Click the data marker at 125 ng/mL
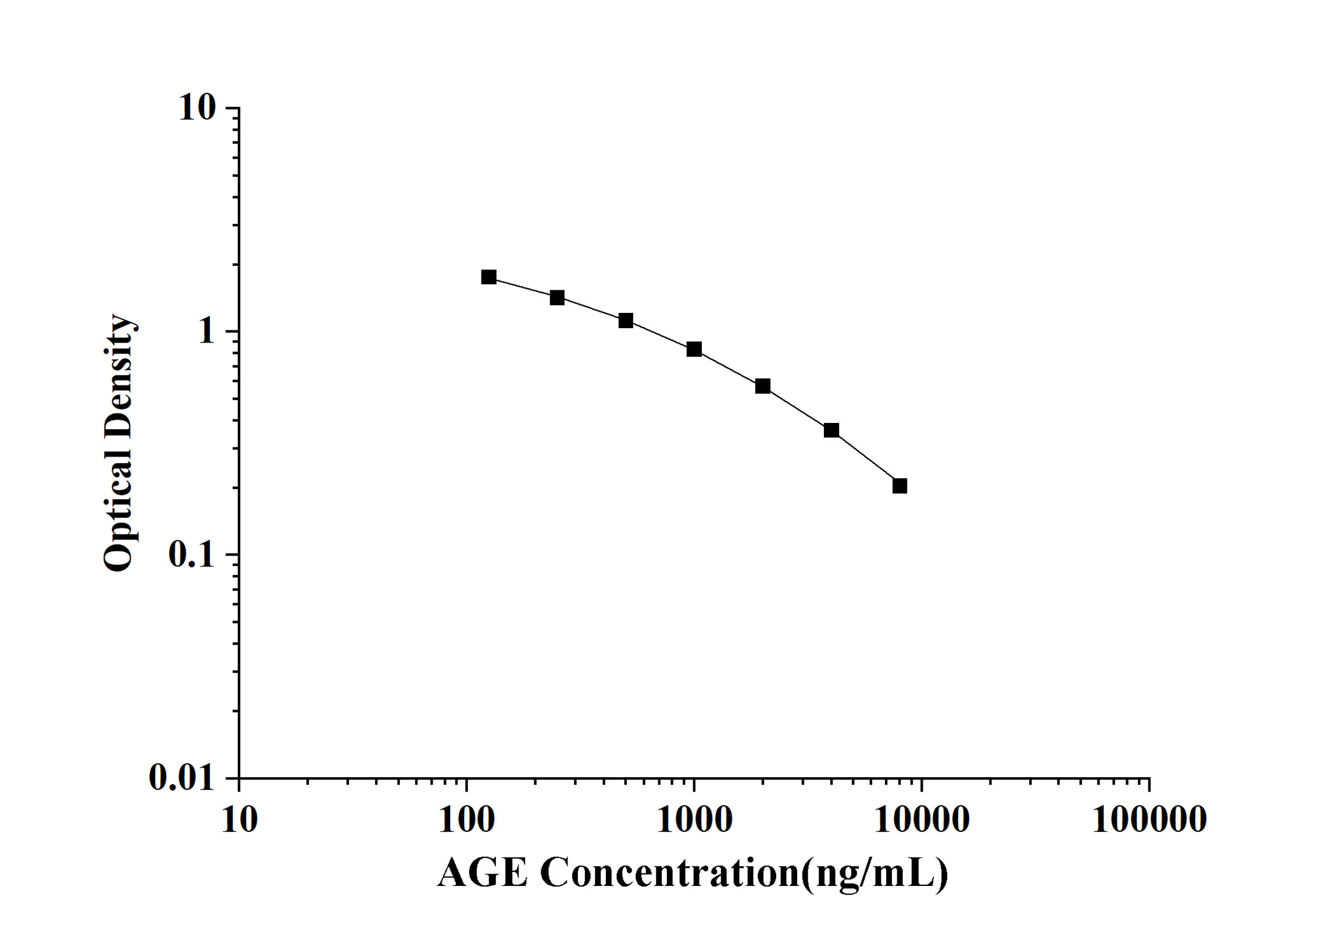point(488,277)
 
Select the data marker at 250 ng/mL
point(557,298)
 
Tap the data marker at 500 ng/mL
point(626,321)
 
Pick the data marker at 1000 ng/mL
point(694,349)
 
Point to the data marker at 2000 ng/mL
point(762,386)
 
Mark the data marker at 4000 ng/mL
point(831,430)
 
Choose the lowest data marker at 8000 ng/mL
point(899,486)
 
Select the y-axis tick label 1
point(206,331)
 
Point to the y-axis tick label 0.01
point(182,777)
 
